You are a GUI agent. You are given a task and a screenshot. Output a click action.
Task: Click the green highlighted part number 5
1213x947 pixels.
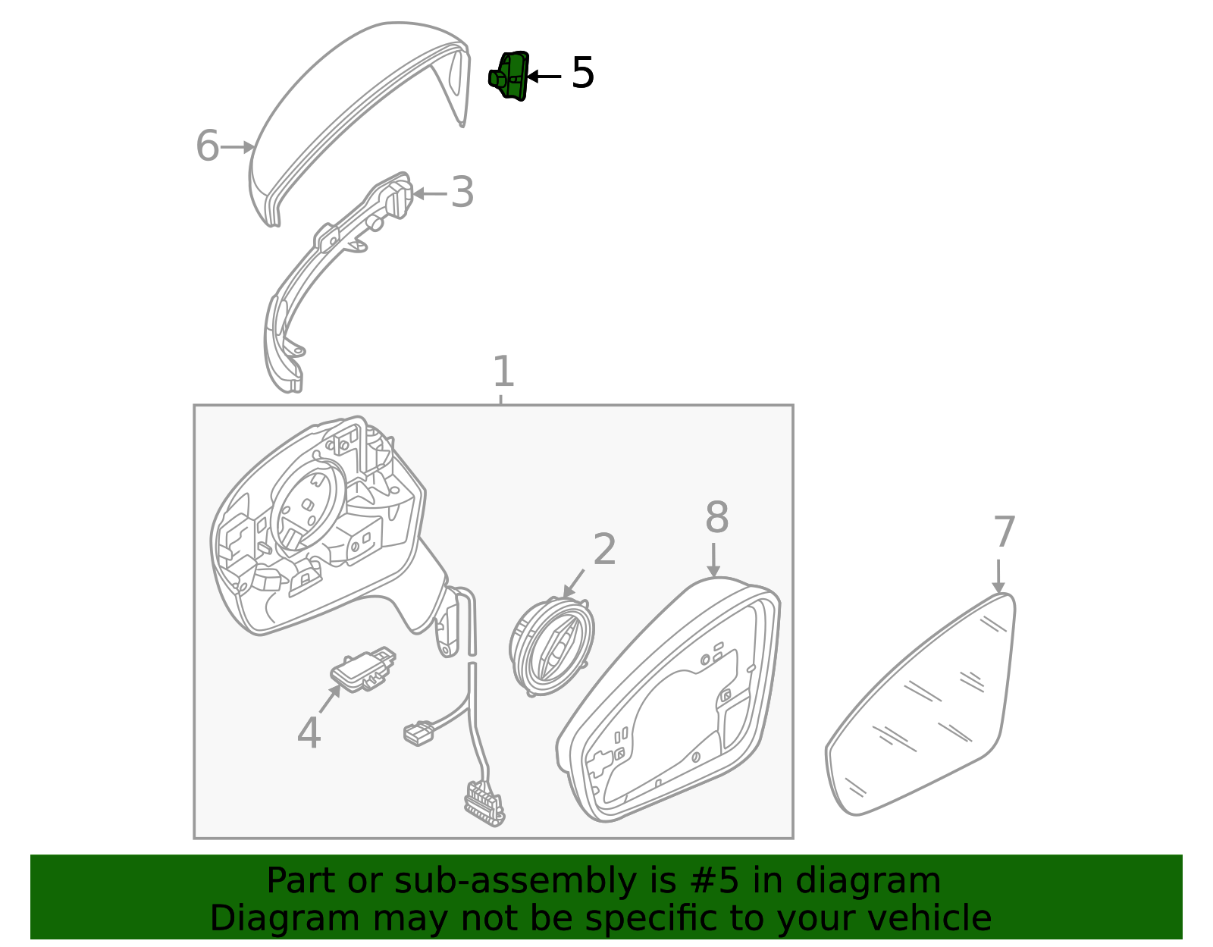point(509,76)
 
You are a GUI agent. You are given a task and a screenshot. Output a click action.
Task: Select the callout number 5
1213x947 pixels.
point(583,73)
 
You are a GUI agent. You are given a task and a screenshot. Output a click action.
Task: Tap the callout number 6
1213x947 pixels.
point(207,146)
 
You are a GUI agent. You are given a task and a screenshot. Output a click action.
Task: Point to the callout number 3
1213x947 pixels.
point(462,192)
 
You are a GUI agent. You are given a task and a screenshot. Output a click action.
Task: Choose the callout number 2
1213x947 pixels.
point(604,549)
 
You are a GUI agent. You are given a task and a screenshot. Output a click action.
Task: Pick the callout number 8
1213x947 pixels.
point(716,517)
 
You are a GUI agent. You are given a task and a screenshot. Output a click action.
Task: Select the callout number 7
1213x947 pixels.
point(1005,532)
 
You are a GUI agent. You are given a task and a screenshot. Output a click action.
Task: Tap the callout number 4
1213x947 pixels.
point(309,732)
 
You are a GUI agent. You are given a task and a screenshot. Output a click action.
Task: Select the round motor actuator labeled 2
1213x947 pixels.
point(551,646)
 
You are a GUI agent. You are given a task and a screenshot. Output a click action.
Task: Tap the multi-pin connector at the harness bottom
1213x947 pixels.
point(484,804)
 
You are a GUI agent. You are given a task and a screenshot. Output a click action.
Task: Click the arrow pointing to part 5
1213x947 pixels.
point(544,76)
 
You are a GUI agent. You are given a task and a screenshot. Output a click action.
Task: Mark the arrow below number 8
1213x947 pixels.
point(713,560)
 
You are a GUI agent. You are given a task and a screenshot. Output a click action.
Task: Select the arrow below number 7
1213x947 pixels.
point(998,576)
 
